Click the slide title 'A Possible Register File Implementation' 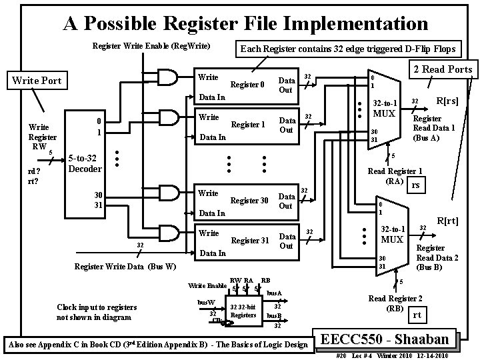click(x=245, y=24)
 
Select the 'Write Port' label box click(x=37, y=81)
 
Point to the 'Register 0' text click(x=247, y=85)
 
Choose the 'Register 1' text click(x=247, y=125)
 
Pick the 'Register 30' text click(x=249, y=200)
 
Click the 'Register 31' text click(x=249, y=240)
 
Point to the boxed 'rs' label click(x=416, y=185)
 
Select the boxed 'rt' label click(x=416, y=315)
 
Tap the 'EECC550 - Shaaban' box click(x=389, y=338)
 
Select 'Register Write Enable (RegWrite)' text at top click(x=151, y=46)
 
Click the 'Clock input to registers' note click(x=97, y=311)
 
